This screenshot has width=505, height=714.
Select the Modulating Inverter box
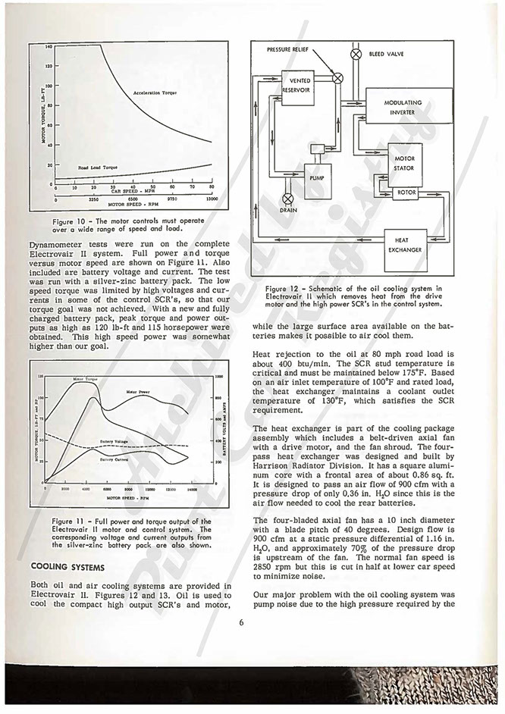tap(403, 108)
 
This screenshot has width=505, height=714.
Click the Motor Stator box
tap(404, 163)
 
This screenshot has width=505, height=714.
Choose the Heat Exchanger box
tap(405, 245)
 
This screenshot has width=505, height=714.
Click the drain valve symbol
tap(288, 199)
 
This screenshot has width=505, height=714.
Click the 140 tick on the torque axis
tap(48, 47)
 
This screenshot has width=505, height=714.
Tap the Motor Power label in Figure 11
tap(140, 391)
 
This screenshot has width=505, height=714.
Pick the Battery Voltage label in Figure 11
tap(114, 441)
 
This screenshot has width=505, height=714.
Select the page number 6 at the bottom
tap(240, 623)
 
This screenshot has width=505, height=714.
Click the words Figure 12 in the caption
tap(284, 289)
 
